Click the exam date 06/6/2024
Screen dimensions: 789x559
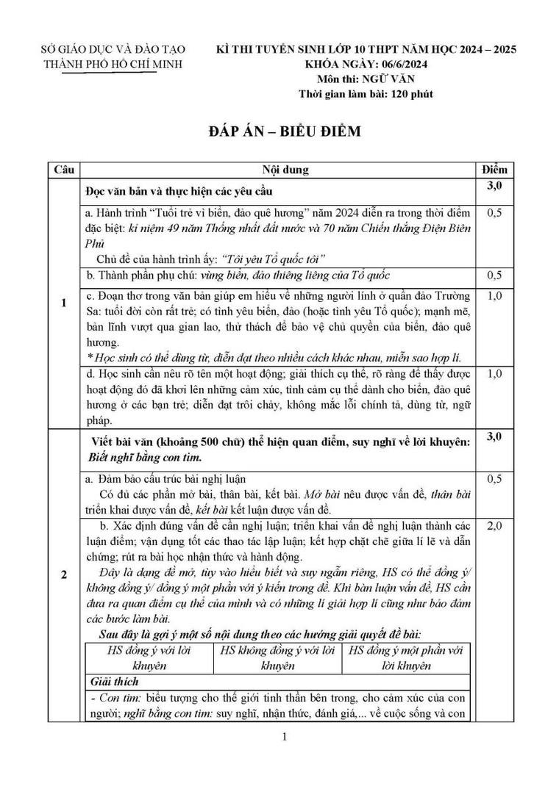[x=411, y=64]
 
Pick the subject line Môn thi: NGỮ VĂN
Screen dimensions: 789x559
[x=365, y=79]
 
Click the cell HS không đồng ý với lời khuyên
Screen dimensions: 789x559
[x=277, y=658]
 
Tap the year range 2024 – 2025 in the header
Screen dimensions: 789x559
[x=475, y=49]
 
